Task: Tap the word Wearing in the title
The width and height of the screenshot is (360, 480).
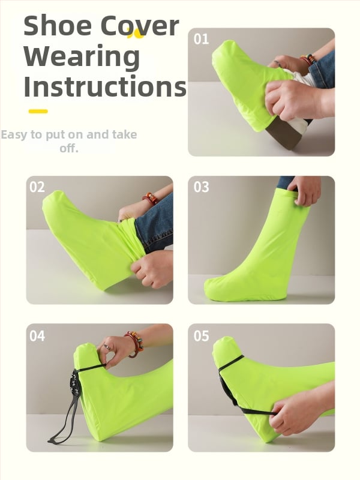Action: (82, 57)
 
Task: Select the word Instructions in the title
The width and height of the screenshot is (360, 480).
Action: (104, 86)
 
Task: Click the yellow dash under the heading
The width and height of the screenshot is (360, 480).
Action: (38, 112)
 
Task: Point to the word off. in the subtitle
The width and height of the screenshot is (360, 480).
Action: (69, 148)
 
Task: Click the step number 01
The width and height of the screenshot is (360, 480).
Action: (201, 39)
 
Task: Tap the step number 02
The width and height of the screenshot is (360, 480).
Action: (37, 187)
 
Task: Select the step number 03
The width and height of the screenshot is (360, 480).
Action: (201, 187)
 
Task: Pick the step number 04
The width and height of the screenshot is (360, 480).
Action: (37, 336)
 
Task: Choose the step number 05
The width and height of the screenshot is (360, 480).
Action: (201, 336)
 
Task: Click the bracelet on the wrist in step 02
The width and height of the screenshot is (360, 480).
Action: (150, 198)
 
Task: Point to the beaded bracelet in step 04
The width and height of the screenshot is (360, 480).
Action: (134, 344)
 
